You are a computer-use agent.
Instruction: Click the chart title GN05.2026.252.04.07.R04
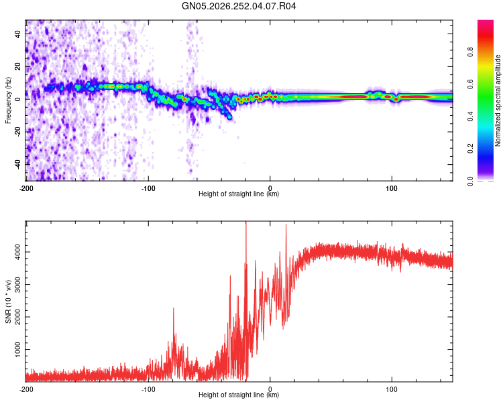[239, 6]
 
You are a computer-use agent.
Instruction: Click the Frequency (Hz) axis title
[8, 100]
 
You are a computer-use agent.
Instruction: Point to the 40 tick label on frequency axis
[18, 33]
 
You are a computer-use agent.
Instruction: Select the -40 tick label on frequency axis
[18, 165]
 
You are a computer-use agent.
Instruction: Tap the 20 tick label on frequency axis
[18, 66]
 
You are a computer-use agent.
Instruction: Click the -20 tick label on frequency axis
[18, 132]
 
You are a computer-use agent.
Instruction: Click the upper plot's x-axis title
[239, 194]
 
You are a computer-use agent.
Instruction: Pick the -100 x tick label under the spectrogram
[148, 188]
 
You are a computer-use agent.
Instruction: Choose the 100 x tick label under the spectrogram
[392, 188]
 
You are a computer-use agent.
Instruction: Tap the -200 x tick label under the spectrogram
[26, 188]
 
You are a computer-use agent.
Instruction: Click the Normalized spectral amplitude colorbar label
[498, 100]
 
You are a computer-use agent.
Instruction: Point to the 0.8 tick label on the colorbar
[470, 52]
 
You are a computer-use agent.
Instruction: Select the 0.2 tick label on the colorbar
[470, 149]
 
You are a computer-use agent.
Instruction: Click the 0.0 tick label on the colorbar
[470, 181]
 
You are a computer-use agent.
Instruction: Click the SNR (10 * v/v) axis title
[8, 301]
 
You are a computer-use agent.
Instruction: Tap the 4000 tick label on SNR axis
[18, 252]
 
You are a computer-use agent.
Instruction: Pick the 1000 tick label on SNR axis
[18, 350]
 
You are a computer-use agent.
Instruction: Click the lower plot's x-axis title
[239, 395]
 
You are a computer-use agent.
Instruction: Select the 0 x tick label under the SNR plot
[270, 389]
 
